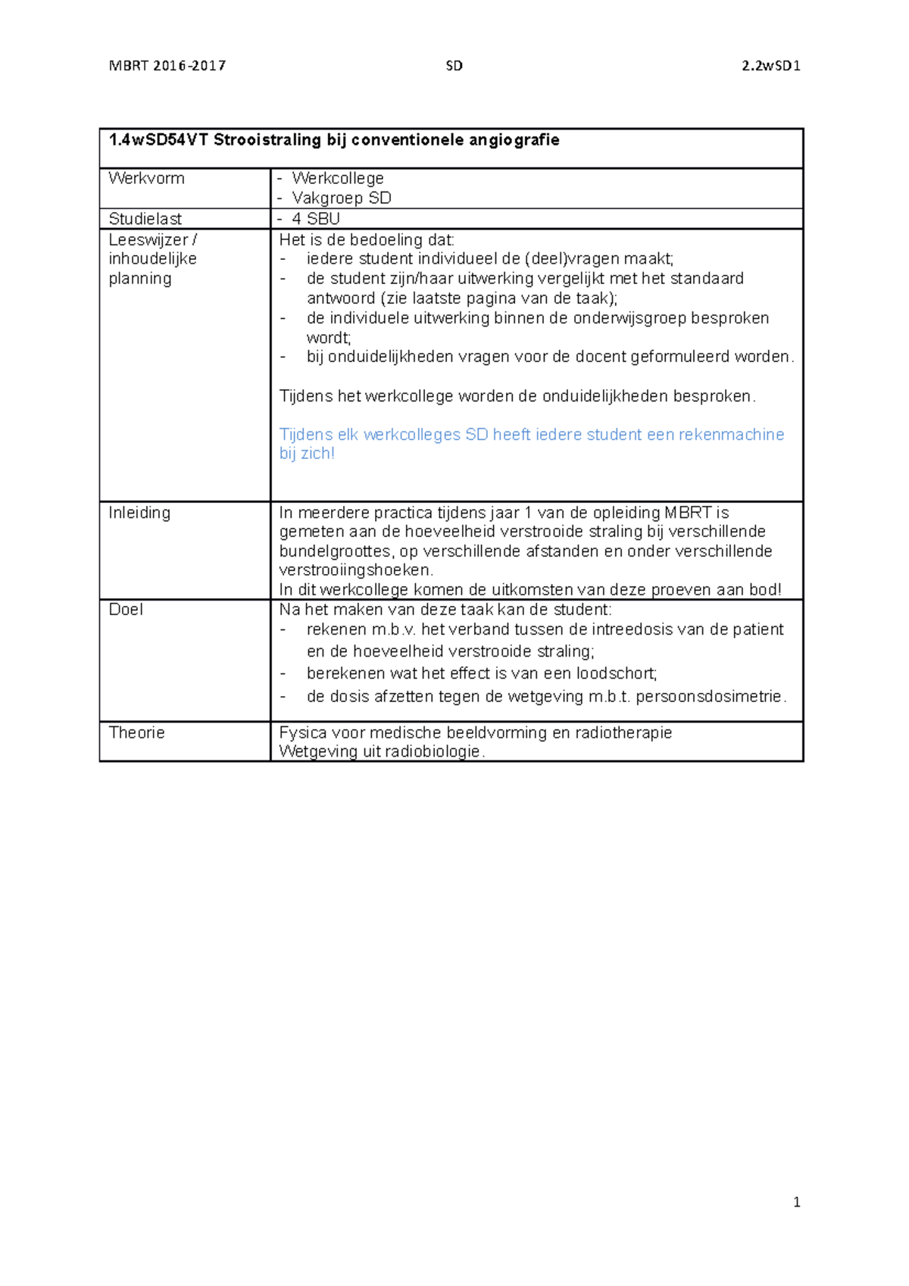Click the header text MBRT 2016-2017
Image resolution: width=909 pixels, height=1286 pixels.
pos(167,66)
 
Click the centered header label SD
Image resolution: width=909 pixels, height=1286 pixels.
pos(454,66)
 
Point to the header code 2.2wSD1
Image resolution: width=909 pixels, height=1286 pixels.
pos(771,66)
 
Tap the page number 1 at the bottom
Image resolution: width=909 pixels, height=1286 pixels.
pos(796,1202)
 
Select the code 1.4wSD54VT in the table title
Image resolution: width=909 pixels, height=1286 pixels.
pos(158,140)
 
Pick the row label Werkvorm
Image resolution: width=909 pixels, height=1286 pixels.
pos(146,179)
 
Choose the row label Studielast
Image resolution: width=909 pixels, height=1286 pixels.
pos(145,219)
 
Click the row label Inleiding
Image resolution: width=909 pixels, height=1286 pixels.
pos(139,513)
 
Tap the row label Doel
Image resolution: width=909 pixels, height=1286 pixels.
pos(126,610)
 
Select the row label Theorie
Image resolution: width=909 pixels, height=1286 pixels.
pos(136,732)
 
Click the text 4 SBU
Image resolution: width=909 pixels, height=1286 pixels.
pos(316,219)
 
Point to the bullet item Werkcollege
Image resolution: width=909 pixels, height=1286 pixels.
pos(338,179)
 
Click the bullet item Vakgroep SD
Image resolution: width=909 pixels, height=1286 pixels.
pos(342,198)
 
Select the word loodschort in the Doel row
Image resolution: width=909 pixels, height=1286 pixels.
pos(615,673)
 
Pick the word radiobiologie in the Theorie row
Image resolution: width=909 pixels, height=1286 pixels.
pos(433,751)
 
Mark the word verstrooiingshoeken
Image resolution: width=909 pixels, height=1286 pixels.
pos(355,570)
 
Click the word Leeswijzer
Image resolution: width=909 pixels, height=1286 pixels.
pos(148,239)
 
